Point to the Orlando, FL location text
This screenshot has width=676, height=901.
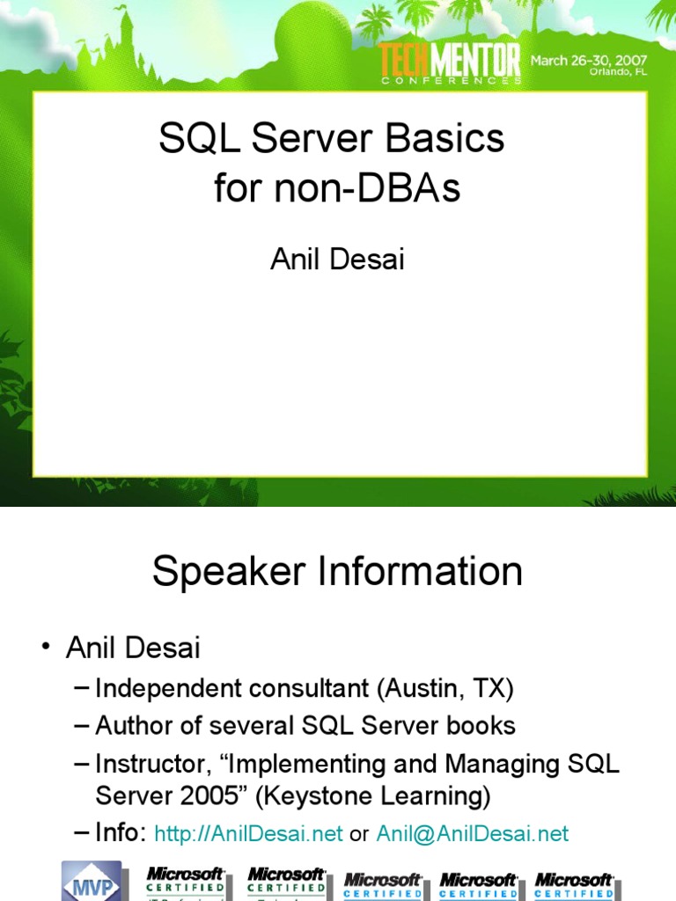click(x=618, y=73)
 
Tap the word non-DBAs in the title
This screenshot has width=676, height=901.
click(x=380, y=188)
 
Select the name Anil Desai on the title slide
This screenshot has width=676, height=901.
click(x=337, y=259)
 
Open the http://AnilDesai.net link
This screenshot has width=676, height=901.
click(x=248, y=834)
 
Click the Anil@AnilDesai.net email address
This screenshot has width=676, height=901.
click(x=472, y=834)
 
